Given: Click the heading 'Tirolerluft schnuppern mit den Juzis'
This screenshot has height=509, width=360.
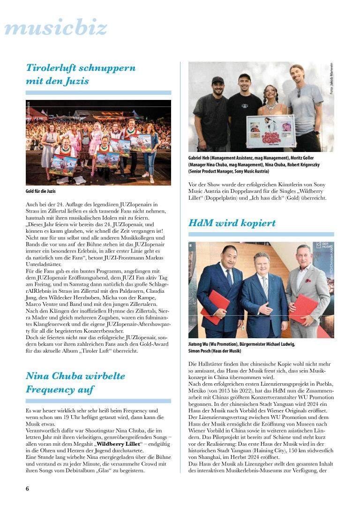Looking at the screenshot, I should click(81, 74).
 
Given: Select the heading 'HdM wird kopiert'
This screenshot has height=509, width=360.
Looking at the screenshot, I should click(232, 223).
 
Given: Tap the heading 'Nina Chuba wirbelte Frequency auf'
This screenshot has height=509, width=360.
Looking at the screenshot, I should click(75, 382).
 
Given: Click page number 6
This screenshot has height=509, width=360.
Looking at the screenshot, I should click(28, 488).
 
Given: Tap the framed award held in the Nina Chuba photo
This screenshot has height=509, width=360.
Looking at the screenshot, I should click(270, 132).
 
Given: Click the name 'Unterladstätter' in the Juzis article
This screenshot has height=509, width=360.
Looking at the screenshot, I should click(47, 265).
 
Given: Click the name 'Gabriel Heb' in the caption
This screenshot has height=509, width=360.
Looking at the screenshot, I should click(202, 158).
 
